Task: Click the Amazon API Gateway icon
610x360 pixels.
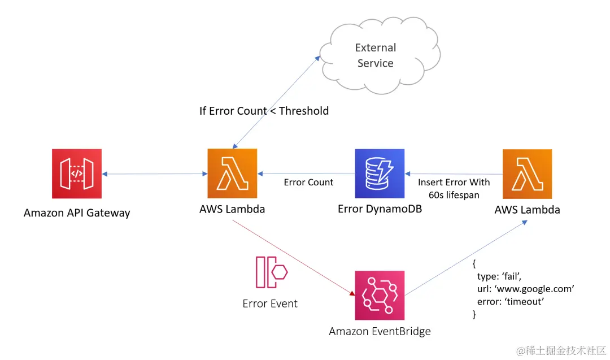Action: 77,174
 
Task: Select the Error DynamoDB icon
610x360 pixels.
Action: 380,174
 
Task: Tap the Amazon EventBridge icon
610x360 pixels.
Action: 380,295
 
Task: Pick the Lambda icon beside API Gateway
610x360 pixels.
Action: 232,174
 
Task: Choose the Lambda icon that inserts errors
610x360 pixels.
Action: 527,174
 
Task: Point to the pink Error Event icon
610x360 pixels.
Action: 271,272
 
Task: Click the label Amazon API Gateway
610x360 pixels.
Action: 77,213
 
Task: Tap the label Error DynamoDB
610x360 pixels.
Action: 380,209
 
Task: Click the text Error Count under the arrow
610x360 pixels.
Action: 308,183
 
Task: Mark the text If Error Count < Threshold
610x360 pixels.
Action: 264,111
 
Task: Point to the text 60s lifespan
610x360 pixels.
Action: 454,196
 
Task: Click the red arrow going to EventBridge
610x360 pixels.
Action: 294,258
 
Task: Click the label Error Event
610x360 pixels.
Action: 270,303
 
